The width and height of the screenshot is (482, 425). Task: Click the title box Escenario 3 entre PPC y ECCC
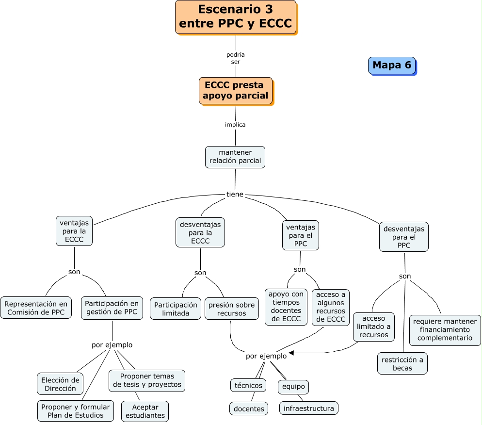pos(236,16)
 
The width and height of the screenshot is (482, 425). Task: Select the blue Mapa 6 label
pos(392,65)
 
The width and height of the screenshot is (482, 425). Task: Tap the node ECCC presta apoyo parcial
pos(235,91)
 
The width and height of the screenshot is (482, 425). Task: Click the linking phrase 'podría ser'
pos(236,58)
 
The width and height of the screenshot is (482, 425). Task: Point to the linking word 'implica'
pos(235,125)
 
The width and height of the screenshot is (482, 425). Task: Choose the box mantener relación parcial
pos(235,157)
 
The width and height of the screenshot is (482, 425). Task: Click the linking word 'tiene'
pos(235,195)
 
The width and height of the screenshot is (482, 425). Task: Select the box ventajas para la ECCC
pos(74,231)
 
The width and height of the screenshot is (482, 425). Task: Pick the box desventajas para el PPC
pos(403,237)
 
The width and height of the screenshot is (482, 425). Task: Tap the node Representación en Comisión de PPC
pos(36,308)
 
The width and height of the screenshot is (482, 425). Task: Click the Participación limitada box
pos(176,309)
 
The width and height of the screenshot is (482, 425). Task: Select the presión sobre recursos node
pos(231,309)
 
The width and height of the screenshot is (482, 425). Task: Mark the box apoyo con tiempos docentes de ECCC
pos(286,307)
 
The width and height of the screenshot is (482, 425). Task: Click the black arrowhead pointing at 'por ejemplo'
pos(291,353)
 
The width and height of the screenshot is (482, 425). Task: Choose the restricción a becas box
pos(402,363)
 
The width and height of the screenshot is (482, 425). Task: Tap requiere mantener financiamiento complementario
pos(445,330)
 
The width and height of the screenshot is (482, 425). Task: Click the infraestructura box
pos(308,408)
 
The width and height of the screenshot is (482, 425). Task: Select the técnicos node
pos(248,385)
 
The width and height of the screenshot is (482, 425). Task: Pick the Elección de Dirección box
pos(60,384)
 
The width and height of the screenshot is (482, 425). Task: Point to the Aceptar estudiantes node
pos(145,411)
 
